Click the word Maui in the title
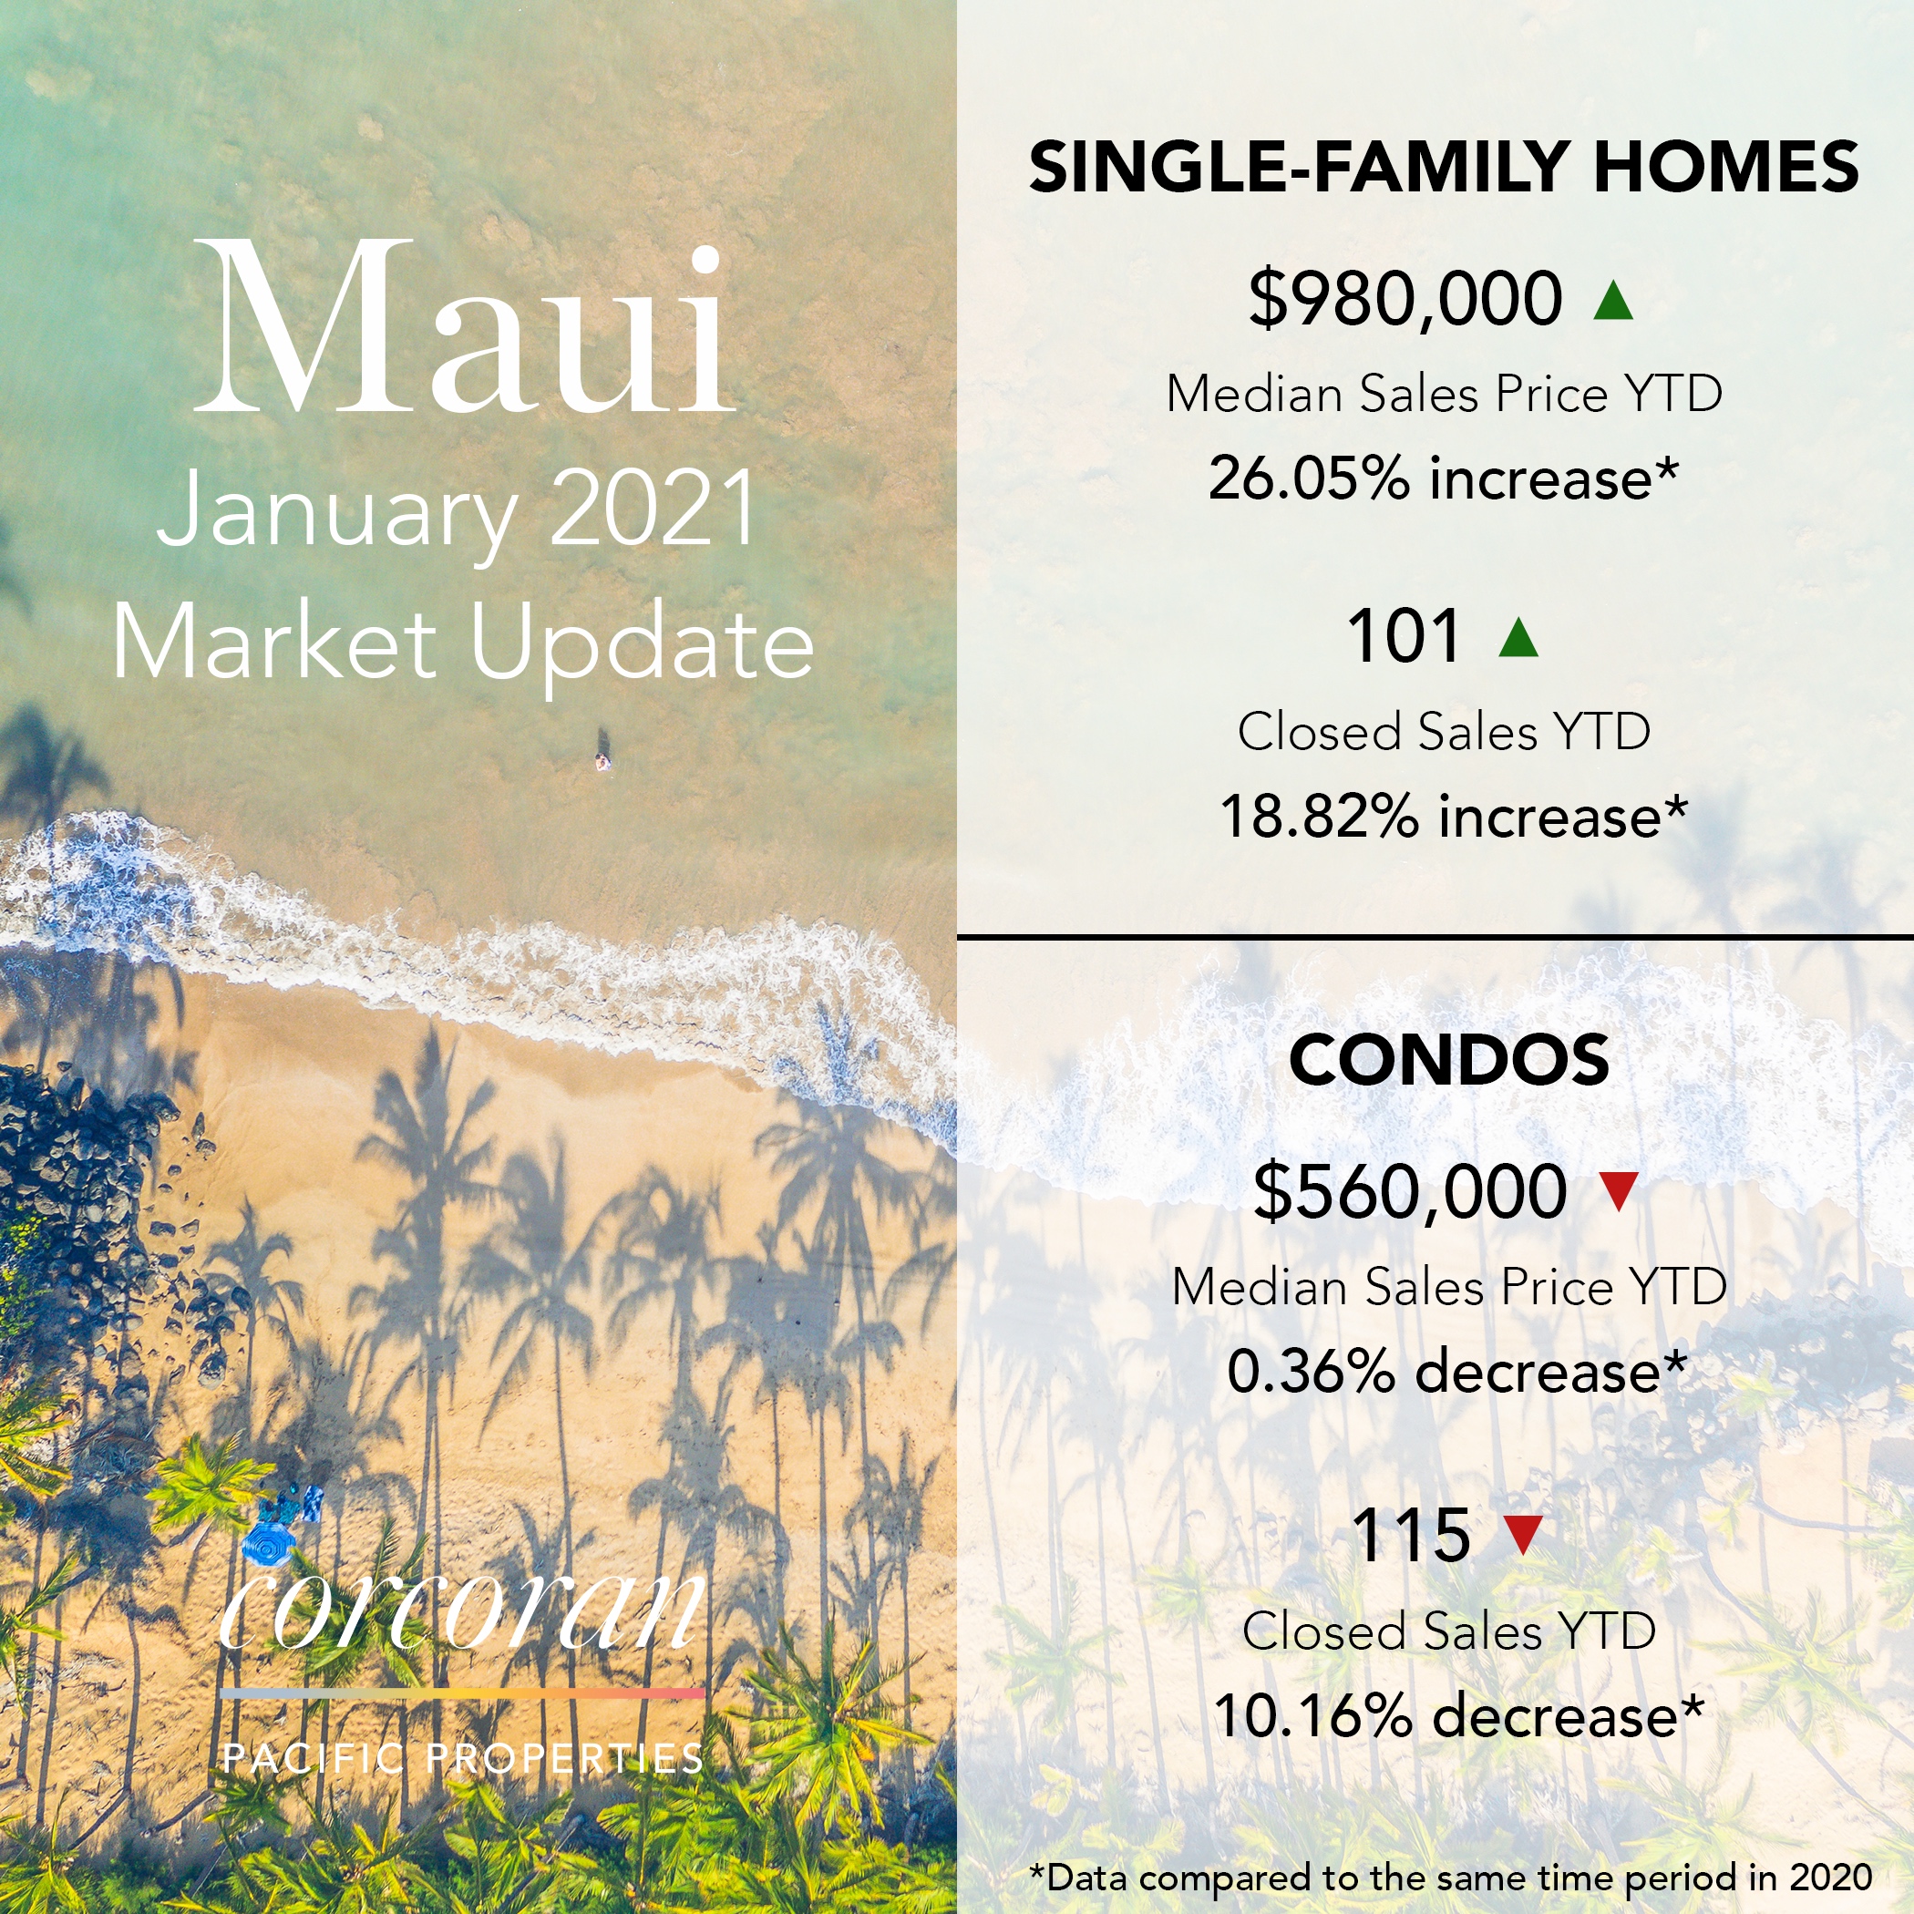pos(464,327)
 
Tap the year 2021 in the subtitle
pos(652,509)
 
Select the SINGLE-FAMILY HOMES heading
pos(1444,166)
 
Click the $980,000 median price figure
pos(1405,298)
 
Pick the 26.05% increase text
pos(1444,478)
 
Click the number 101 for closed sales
pos(1404,636)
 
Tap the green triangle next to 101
pos(1518,637)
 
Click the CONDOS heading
pos(1449,1059)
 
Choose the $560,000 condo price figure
pos(1410,1191)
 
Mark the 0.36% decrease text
pos(1456,1372)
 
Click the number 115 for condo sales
pos(1411,1536)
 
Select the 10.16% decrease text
pos(1458,1717)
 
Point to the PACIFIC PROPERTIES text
pos(463,1757)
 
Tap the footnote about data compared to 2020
pos(1451,1877)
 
